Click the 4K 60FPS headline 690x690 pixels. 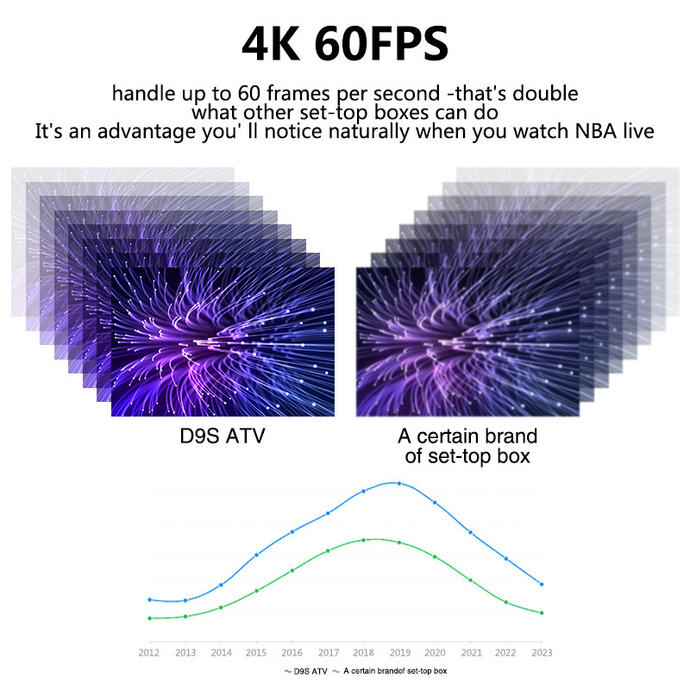pos(345,43)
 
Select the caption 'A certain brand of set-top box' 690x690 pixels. pos(467,445)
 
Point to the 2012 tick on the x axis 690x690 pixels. pos(150,652)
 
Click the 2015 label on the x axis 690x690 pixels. pos(256,652)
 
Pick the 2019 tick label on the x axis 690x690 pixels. pos(398,652)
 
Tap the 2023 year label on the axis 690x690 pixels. pos(541,652)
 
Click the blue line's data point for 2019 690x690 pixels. pos(398,483)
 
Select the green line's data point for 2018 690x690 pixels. pos(363,540)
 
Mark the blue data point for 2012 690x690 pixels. pos(150,599)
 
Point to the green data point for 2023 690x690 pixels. pos(541,612)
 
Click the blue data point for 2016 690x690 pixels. pos(292,531)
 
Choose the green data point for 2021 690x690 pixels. pos(470,580)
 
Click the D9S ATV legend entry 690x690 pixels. pos(305,670)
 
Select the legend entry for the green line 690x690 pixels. pos(389,670)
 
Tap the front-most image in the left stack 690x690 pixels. pos(223,342)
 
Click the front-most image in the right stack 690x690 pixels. pos(467,342)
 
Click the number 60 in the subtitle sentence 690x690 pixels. pos(227,93)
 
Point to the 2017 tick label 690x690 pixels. pos(328,652)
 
